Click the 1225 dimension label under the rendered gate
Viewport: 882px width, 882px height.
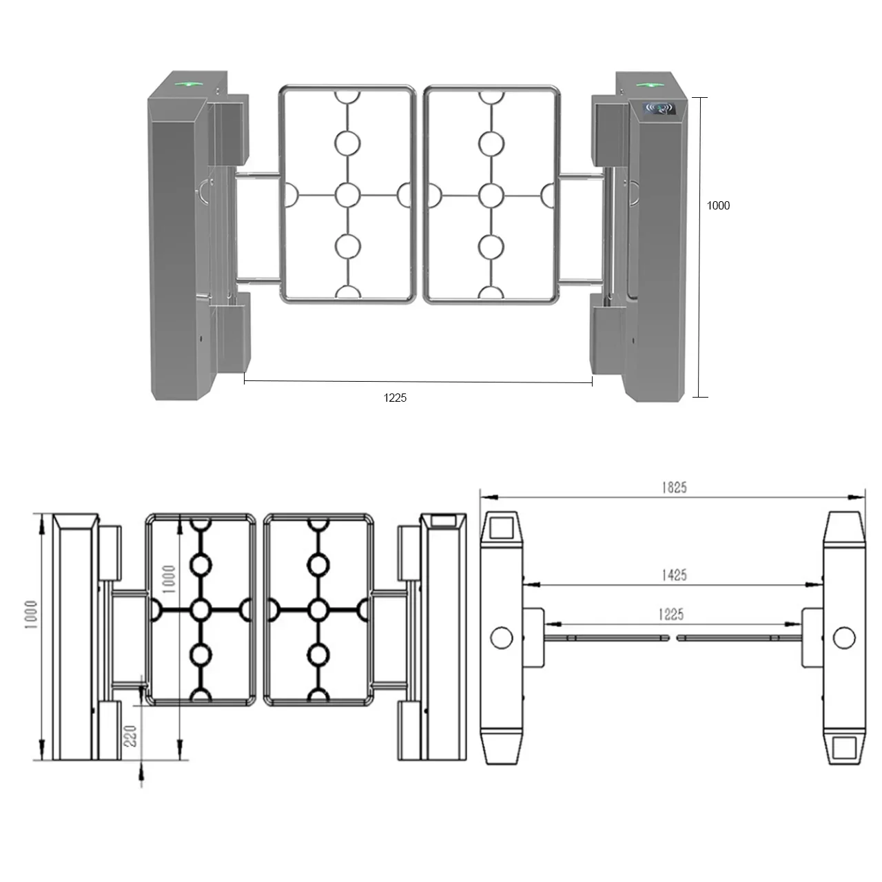pyautogui.click(x=395, y=398)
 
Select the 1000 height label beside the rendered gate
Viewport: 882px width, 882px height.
pyautogui.click(x=718, y=205)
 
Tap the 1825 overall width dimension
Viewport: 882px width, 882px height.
pyautogui.click(x=674, y=487)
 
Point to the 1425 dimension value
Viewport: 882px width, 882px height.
pyautogui.click(x=674, y=575)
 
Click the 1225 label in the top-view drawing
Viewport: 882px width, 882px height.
pyautogui.click(x=670, y=614)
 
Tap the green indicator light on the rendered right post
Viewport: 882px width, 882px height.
pyautogui.click(x=647, y=85)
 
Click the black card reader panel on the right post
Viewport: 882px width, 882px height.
pyautogui.click(x=659, y=108)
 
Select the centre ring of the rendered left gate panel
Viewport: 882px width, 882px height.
pyautogui.click(x=348, y=195)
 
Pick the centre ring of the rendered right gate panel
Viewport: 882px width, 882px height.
pyautogui.click(x=491, y=196)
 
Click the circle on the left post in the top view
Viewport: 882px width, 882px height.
pyautogui.click(x=502, y=637)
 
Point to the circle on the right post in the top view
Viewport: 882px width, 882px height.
pyautogui.click(x=843, y=638)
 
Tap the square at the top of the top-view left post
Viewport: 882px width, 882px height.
pyautogui.click(x=502, y=528)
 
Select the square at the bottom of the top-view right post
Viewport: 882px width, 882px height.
pyautogui.click(x=844, y=748)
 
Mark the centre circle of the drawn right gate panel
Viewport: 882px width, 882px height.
pyautogui.click(x=318, y=610)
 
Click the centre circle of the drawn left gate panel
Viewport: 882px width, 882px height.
pyautogui.click(x=201, y=610)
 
